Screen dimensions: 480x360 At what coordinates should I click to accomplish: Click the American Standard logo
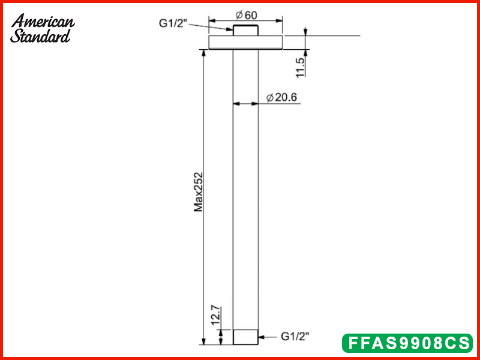click(42, 28)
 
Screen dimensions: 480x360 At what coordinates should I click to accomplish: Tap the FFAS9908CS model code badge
click(407, 343)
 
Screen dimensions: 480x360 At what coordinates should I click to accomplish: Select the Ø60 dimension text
click(247, 15)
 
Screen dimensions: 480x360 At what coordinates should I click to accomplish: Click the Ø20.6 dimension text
click(281, 97)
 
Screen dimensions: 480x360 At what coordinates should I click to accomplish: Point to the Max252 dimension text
click(199, 192)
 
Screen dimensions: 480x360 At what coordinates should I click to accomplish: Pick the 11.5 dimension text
click(301, 68)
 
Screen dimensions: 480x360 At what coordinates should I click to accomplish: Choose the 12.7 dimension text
click(215, 316)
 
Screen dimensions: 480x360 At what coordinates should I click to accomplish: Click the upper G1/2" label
click(173, 23)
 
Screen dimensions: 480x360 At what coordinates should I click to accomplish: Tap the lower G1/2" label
click(295, 337)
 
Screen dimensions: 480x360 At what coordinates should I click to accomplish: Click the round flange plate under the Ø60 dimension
click(245, 43)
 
